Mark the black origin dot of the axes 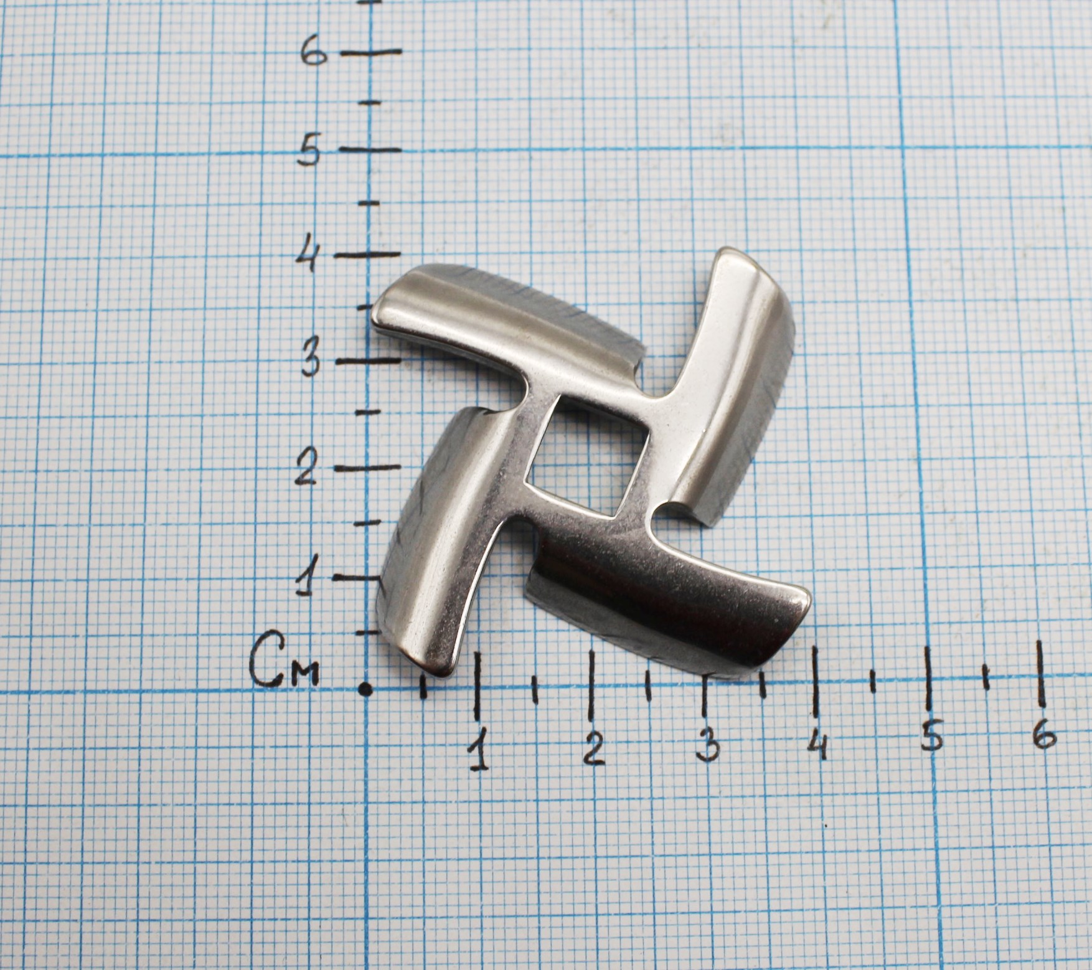(x=367, y=689)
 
